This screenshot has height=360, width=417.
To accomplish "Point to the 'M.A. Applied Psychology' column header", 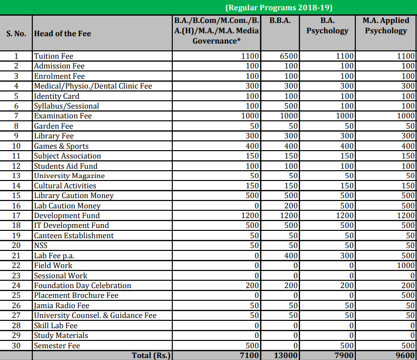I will point(386,25).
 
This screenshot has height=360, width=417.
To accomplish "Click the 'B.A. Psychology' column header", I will point(327,25).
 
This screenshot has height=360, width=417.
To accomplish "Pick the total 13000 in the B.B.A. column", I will point(286,356).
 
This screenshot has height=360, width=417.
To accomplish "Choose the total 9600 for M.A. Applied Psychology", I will point(404,356).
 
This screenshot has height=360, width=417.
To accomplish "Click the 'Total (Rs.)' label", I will point(151,356).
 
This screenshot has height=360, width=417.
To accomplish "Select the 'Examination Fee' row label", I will point(63,116).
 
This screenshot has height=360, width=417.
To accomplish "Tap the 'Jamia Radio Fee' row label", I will point(62,306).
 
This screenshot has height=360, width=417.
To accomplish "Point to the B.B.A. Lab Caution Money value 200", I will point(291,206).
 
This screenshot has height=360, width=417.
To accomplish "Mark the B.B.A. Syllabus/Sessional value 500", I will point(291,106).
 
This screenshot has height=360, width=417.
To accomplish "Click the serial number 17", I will point(16,216).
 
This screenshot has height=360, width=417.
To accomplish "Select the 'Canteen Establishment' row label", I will point(73,236).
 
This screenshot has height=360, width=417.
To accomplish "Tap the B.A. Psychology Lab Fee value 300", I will point(347,256).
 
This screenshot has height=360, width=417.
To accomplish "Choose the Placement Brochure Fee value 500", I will point(407,295).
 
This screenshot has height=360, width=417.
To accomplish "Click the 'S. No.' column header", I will point(16,33).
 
